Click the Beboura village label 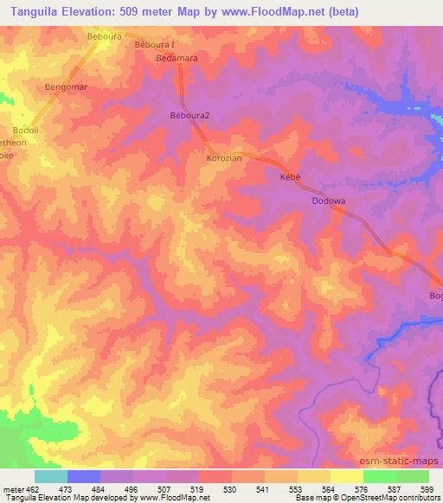click(105, 36)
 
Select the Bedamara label click(177, 58)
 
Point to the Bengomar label click(67, 87)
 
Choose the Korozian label click(223, 159)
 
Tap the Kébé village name click(290, 176)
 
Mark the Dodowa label click(329, 201)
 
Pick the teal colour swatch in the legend click(50, 476)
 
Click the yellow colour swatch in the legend click(346, 476)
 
